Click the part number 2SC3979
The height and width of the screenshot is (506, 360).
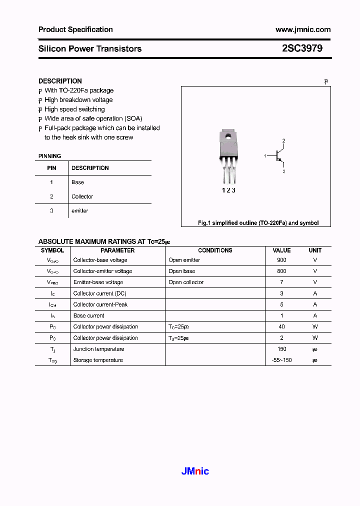click(302, 48)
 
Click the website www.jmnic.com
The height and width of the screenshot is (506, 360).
click(303, 29)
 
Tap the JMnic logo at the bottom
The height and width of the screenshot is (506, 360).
click(194, 471)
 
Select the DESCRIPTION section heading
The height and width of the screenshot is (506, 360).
click(60, 81)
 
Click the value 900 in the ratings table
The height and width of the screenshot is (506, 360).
click(281, 260)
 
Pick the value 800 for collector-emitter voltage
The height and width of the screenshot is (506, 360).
click(281, 271)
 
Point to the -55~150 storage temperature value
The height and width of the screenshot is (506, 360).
click(281, 360)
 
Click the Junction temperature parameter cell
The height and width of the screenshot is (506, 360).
click(98, 349)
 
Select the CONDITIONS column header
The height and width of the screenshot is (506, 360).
click(215, 250)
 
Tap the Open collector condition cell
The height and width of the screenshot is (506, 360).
click(186, 282)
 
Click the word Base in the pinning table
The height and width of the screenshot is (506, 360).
click(77, 182)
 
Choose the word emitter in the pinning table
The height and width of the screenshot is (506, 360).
click(79, 211)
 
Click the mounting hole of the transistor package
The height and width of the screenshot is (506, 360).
click(227, 135)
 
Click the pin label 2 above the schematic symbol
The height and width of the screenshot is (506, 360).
click(283, 140)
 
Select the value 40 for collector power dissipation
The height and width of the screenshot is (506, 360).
click(281, 326)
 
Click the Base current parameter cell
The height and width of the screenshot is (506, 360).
click(88, 315)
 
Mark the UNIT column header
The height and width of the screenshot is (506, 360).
click(315, 250)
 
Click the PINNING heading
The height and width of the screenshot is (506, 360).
click(50, 156)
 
